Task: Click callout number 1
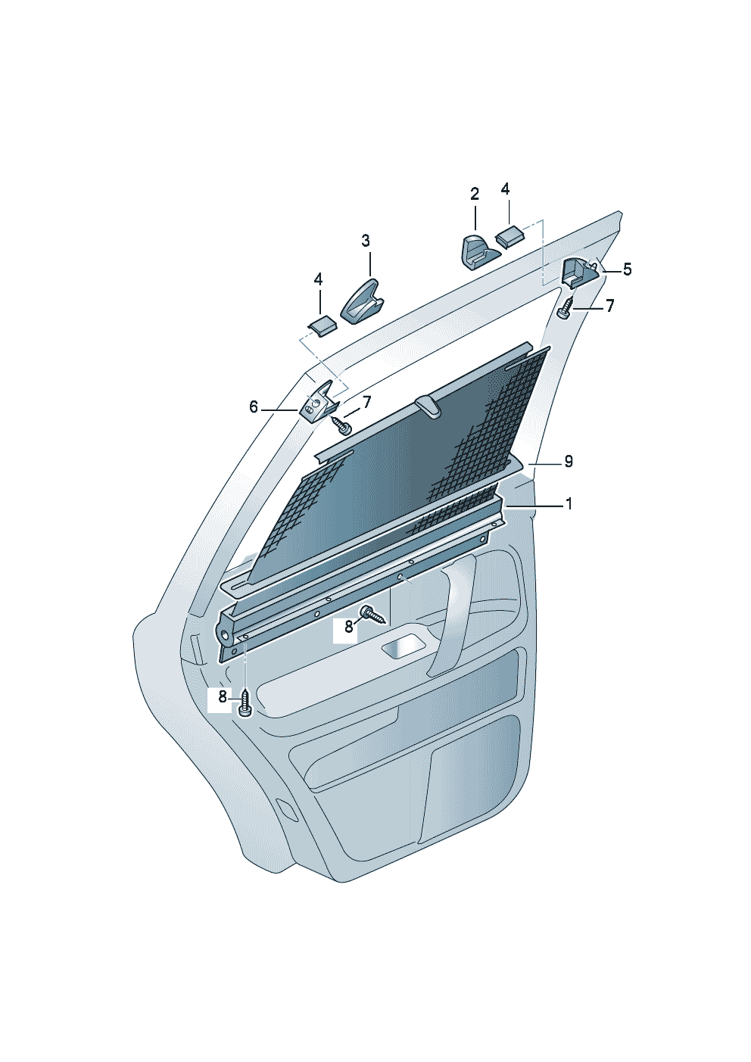pyautogui.click(x=568, y=504)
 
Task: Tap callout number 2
pyautogui.click(x=475, y=194)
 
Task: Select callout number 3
pyautogui.click(x=366, y=241)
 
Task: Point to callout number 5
pyautogui.click(x=628, y=269)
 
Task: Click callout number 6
pyautogui.click(x=254, y=406)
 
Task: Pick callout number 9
pyautogui.click(x=568, y=461)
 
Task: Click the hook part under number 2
pyautogui.click(x=480, y=252)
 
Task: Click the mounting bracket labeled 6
pyautogui.click(x=319, y=400)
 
